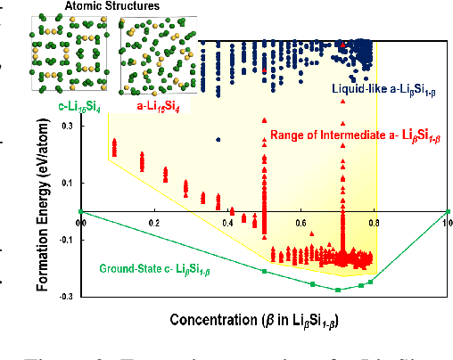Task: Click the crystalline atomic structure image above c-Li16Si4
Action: pyautogui.click(x=70, y=55)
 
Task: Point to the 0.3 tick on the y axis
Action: pyautogui.click(x=68, y=127)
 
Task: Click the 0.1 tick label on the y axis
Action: pyautogui.click(x=68, y=183)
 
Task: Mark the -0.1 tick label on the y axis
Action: pyautogui.click(x=66, y=239)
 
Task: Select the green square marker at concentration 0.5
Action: pyautogui.click(x=264, y=270)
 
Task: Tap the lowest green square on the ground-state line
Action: pyautogui.click(x=338, y=290)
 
